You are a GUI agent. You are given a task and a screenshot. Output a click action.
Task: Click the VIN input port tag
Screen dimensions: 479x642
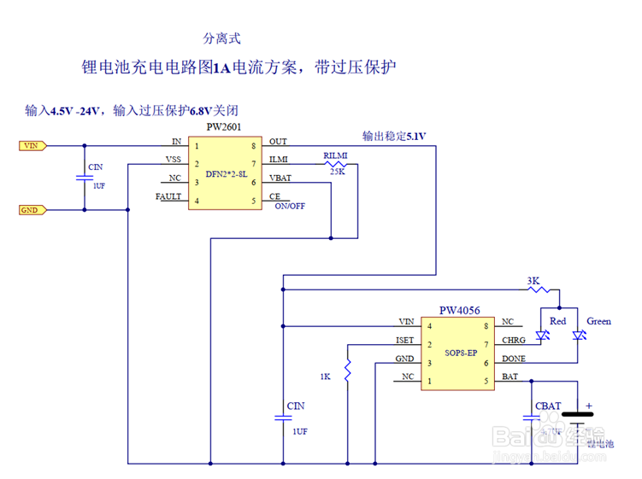[x=32, y=146]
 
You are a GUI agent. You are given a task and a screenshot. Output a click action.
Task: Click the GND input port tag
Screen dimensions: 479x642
[x=32, y=209]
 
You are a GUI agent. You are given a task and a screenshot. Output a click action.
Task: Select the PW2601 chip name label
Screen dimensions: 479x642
[x=224, y=127]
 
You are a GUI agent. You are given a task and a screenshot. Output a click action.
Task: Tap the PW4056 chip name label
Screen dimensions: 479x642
[x=459, y=310]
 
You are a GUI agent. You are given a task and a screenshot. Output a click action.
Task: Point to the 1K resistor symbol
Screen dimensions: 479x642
[x=348, y=370]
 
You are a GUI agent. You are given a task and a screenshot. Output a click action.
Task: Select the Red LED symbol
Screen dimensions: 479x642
[x=540, y=337]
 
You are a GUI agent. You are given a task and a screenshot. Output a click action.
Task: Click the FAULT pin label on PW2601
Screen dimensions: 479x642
[x=168, y=197]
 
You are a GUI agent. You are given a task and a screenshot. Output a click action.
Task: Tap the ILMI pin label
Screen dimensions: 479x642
[x=279, y=159]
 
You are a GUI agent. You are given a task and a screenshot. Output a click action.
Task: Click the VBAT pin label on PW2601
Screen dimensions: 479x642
[x=280, y=178]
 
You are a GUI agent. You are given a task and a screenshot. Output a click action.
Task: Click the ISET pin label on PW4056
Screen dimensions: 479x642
[x=405, y=340]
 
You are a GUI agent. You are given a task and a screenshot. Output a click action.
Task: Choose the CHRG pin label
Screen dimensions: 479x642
[x=514, y=340]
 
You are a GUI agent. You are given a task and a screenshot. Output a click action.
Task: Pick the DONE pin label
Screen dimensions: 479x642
[x=514, y=359]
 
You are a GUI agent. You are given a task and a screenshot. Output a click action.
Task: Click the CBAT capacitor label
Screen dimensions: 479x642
[x=548, y=406]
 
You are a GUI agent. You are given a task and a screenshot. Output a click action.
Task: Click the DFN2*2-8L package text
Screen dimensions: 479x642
[x=226, y=173]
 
